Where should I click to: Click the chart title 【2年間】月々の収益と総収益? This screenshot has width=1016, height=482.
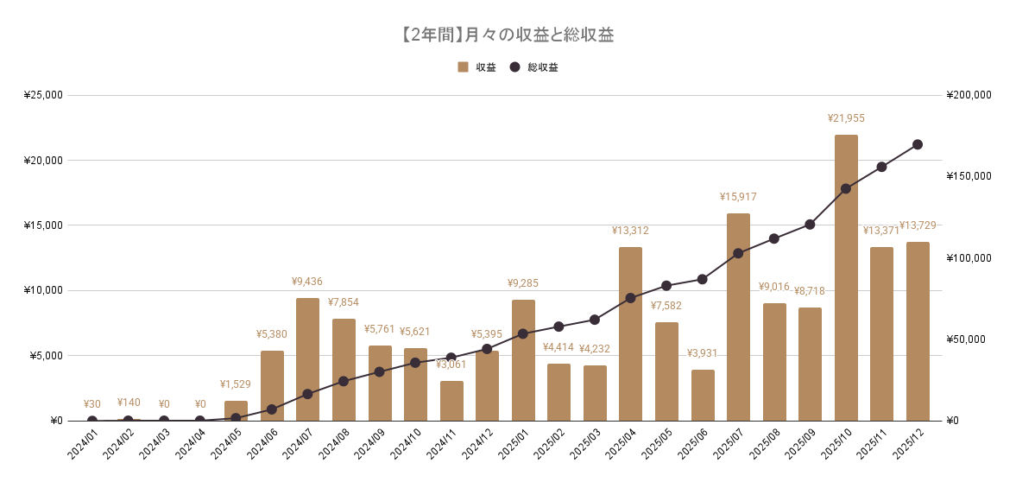coord(508,35)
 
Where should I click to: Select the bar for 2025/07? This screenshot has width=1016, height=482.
coord(738,316)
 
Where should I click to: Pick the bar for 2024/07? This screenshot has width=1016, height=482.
coord(307,358)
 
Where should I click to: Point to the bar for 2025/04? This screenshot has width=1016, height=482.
coord(630,333)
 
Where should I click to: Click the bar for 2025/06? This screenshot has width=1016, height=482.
coord(703,395)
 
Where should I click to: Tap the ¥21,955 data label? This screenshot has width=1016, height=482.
coord(846,118)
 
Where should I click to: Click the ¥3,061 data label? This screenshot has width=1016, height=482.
coord(451,365)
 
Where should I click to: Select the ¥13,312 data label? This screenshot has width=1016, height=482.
coord(630,231)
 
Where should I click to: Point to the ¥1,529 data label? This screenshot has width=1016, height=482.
coord(236,384)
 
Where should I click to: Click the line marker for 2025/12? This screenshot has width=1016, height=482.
coord(918,144)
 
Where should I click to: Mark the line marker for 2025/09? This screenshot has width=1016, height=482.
coord(810,225)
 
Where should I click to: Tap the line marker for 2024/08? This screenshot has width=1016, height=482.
coord(344,381)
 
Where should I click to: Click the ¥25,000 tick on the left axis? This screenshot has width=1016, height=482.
coord(43,95)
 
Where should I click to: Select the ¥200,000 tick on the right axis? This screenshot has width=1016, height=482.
coord(969,95)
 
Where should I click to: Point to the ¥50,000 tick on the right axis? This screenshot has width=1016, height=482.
coord(966,339)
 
